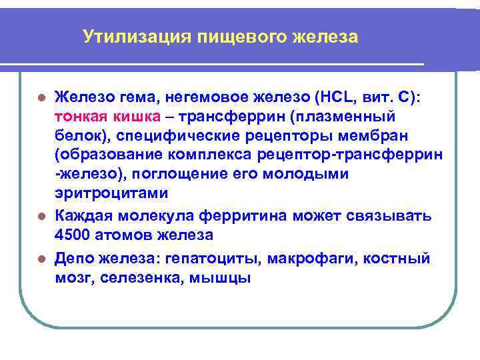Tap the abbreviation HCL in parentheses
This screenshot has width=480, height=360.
coord(331,97)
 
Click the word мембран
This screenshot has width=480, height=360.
coord(382,135)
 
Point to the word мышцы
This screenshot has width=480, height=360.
coord(227,277)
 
